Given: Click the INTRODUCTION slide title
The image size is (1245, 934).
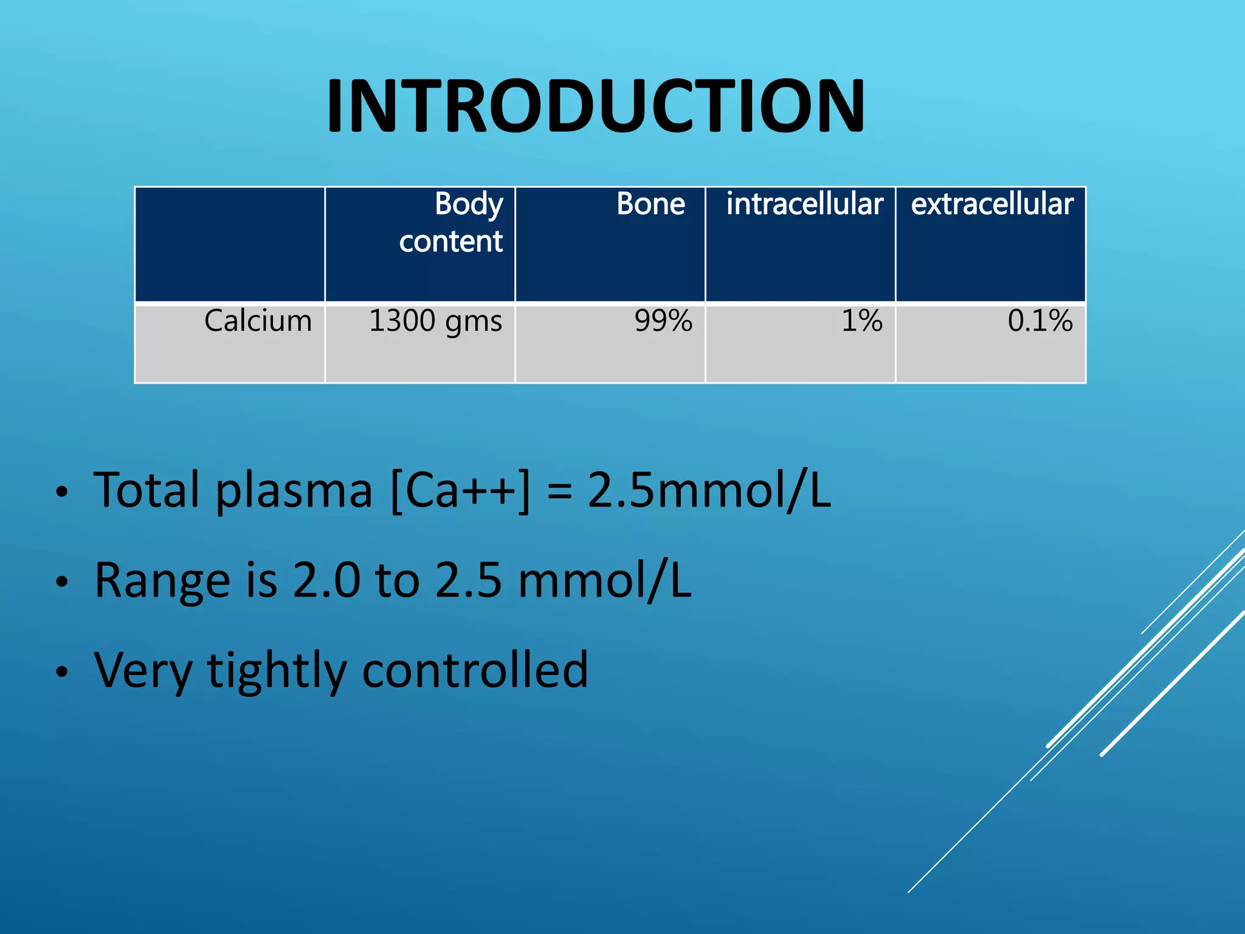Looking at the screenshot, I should point(595,106).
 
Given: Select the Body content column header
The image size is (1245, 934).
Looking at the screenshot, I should point(450,223).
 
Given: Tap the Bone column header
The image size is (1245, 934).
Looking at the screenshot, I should point(650,204).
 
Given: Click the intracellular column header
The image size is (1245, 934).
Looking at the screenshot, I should point(804,204).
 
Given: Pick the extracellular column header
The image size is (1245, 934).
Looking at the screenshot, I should point(992,204).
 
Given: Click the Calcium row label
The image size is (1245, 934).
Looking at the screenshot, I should point(258,320).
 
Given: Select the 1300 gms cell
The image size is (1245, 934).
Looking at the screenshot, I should point(435,321).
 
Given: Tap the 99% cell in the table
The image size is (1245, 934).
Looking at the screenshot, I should point(663,320).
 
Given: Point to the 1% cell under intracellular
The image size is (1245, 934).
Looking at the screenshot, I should point(861,320).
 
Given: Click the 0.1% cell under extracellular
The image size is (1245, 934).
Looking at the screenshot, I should point(1040,320).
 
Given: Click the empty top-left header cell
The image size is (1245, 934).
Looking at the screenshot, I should point(229,244).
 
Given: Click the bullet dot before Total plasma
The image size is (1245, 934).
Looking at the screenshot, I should point(61,493).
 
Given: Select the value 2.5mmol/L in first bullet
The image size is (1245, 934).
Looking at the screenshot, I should point(709,490).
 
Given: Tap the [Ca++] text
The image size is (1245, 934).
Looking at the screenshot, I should point(460,490).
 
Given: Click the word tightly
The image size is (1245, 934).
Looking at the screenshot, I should point(277,671).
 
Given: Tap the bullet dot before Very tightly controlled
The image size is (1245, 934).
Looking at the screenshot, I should point(61,673).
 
